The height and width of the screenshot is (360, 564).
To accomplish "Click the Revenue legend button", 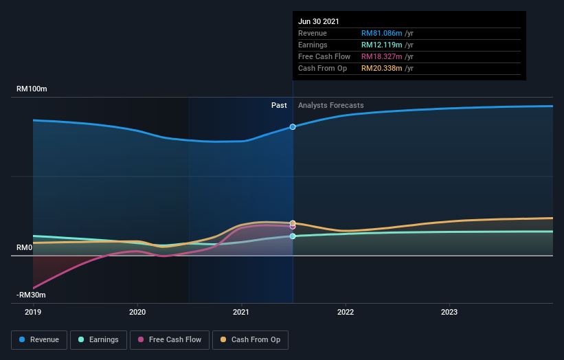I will click(39, 339).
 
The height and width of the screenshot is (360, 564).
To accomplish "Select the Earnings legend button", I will click(98, 339).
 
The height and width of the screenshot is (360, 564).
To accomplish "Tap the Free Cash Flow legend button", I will click(169, 339).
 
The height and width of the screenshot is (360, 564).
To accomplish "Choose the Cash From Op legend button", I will click(251, 339).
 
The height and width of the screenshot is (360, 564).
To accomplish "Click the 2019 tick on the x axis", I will click(33, 311).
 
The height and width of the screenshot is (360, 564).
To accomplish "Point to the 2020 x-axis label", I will click(137, 311).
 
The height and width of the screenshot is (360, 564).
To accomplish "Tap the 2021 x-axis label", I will click(241, 311).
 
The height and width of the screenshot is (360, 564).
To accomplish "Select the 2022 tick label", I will click(346, 311).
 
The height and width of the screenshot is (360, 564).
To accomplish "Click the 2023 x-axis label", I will click(449, 311).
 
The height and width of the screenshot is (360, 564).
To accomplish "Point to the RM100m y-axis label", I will click(32, 89).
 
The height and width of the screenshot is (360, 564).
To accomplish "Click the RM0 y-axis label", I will click(25, 247).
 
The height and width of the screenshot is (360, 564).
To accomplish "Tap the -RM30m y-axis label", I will click(32, 295).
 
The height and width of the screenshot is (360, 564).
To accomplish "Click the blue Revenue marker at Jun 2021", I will click(293, 127).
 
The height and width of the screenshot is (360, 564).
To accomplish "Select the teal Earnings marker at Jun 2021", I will click(293, 236).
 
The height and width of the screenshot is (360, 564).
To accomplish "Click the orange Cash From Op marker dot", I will click(293, 223).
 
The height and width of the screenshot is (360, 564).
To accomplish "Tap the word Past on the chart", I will click(279, 105).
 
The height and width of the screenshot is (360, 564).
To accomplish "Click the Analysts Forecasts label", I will click(330, 105).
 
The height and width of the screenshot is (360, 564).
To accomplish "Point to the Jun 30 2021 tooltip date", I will click(319, 22).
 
